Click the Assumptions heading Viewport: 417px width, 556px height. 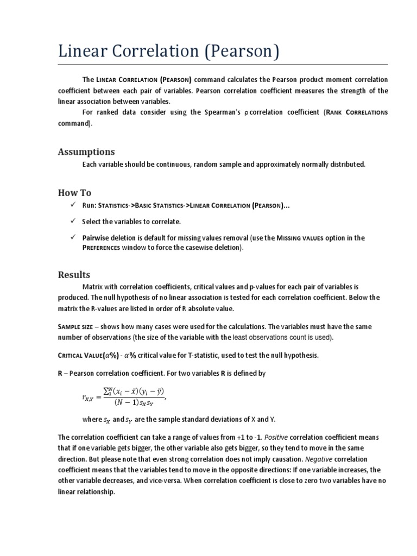pyautogui.click(x=86, y=151)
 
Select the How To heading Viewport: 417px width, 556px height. pyautogui.click(x=75, y=193)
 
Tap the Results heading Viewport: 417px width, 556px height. pyautogui.click(x=74, y=274)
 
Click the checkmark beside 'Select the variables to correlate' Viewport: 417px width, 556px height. pyautogui.click(x=72, y=221)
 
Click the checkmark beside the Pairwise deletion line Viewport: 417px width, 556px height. pyautogui.click(x=72, y=237)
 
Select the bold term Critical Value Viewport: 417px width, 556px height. pyautogui.click(x=84, y=355)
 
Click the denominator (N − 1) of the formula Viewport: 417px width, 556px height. pyautogui.click(x=125, y=402)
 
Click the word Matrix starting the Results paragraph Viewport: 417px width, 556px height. pyautogui.click(x=92, y=286)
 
